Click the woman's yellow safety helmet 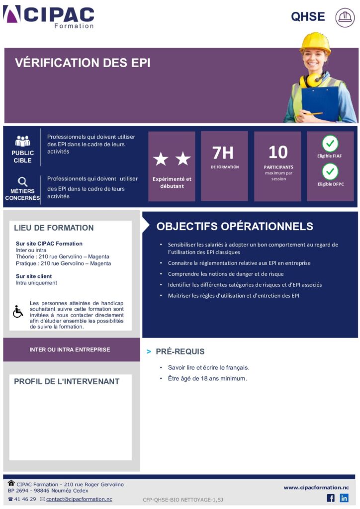(x=315, y=43)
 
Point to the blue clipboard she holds (x=320, y=103)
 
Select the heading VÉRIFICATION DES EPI (x=83, y=63)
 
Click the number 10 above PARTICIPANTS (x=278, y=152)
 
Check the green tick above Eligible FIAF (x=330, y=144)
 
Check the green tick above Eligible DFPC (x=330, y=172)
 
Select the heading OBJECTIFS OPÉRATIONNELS (x=235, y=227)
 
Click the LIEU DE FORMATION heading (x=54, y=228)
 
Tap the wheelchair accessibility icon (x=18, y=312)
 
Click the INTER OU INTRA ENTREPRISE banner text (x=70, y=350)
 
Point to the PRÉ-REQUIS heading (x=180, y=351)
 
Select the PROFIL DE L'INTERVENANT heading (x=67, y=382)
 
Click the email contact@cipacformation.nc (x=79, y=499)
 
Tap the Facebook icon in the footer (x=331, y=498)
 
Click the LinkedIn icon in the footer (x=344, y=498)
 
